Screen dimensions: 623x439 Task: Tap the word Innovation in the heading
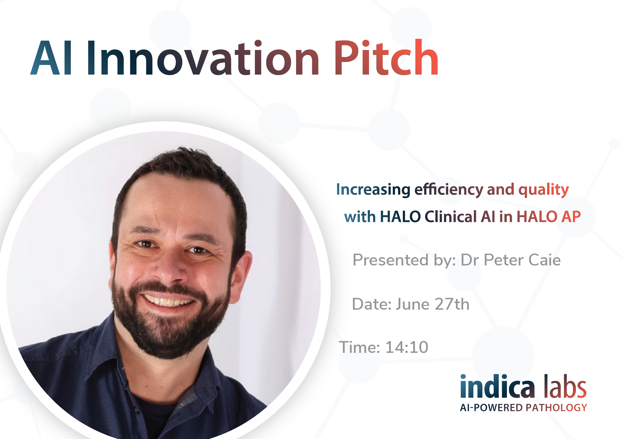click(203, 58)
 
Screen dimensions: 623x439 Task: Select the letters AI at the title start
click(51, 58)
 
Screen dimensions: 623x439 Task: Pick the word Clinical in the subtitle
click(451, 216)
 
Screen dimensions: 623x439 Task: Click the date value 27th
click(452, 304)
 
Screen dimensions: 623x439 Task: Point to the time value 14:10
click(407, 347)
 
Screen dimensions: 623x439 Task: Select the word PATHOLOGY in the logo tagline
click(556, 408)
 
